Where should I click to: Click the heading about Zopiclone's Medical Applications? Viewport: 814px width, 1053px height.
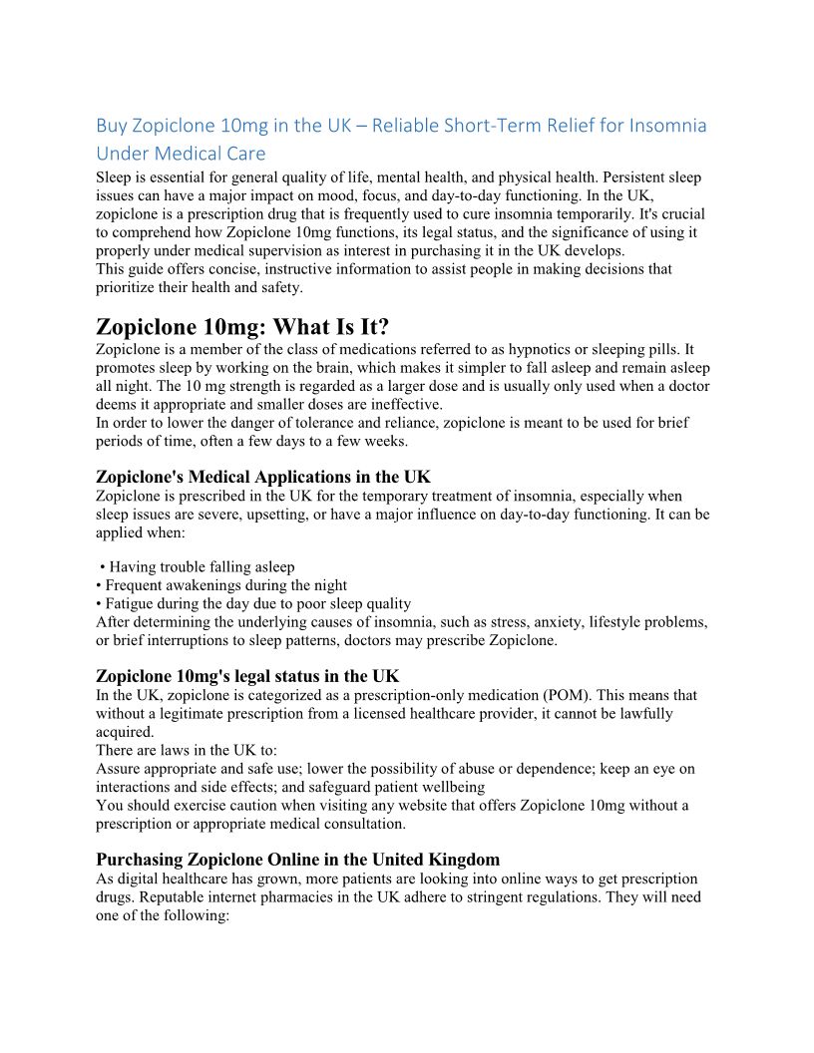(x=263, y=477)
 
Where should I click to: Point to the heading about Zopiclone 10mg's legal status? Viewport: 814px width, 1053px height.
(x=247, y=676)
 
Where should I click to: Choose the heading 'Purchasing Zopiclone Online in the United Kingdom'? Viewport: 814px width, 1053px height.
(x=298, y=859)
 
